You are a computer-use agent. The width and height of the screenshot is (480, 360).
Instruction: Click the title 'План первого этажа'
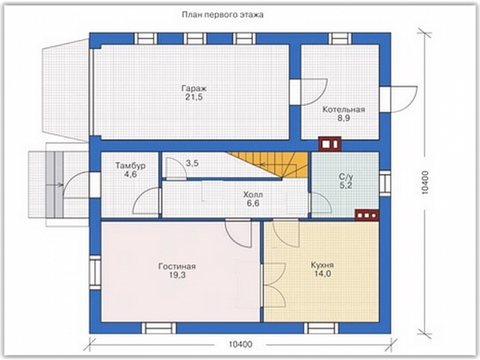pos(223,14)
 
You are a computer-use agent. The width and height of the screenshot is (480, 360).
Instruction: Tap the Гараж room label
pos(194,88)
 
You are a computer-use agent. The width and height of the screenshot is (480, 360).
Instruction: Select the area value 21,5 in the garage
pos(194,98)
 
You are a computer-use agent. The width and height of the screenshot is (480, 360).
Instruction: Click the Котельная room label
pos(344,110)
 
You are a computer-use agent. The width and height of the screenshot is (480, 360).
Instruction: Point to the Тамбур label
pos(130,166)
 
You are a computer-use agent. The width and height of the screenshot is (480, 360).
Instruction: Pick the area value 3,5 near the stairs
pos(192,163)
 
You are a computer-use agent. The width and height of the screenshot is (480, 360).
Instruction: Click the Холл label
pos(253,194)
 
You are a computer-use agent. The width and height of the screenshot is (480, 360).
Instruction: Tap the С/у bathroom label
pos(346,177)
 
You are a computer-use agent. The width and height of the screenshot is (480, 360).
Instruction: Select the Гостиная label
pos(177,266)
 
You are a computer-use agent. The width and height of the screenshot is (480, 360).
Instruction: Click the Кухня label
pos(322,265)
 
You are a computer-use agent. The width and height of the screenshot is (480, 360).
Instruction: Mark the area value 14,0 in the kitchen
pos(322,274)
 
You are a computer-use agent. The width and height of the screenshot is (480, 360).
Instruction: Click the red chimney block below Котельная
pos(329,144)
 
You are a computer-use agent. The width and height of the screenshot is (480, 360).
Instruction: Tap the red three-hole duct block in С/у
pos(367,215)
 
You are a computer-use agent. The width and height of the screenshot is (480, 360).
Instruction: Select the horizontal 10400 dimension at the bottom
pos(241,345)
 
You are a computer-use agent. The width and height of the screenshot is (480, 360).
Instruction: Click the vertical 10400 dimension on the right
pos(425,182)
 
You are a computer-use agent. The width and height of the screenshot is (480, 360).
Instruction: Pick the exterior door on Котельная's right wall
pos(398,99)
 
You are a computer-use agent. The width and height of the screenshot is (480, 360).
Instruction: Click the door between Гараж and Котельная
pos(309,92)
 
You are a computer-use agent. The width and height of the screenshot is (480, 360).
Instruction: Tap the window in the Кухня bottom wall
pos(321,328)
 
